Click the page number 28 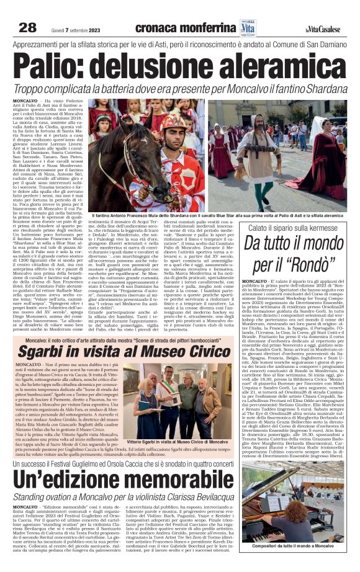click(x=28, y=27)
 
